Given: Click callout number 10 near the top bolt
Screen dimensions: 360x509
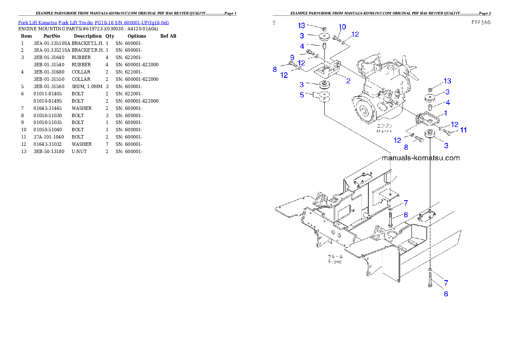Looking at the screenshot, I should [342, 27].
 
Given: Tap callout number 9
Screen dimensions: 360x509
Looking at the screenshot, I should [292, 57].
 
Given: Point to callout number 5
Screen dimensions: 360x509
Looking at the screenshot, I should [302, 94].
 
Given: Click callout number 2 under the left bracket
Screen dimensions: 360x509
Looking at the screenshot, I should [348, 80].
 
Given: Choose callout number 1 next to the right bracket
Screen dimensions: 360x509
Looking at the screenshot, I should [446, 113].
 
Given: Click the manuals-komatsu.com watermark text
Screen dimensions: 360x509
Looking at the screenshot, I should [420, 158].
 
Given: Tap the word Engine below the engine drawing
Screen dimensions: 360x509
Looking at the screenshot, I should [384, 131].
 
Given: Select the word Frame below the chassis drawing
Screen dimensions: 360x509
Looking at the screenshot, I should [335, 262].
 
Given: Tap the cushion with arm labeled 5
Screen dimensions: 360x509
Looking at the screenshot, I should [323, 97].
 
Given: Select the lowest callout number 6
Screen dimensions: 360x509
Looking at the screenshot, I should [446, 294].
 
